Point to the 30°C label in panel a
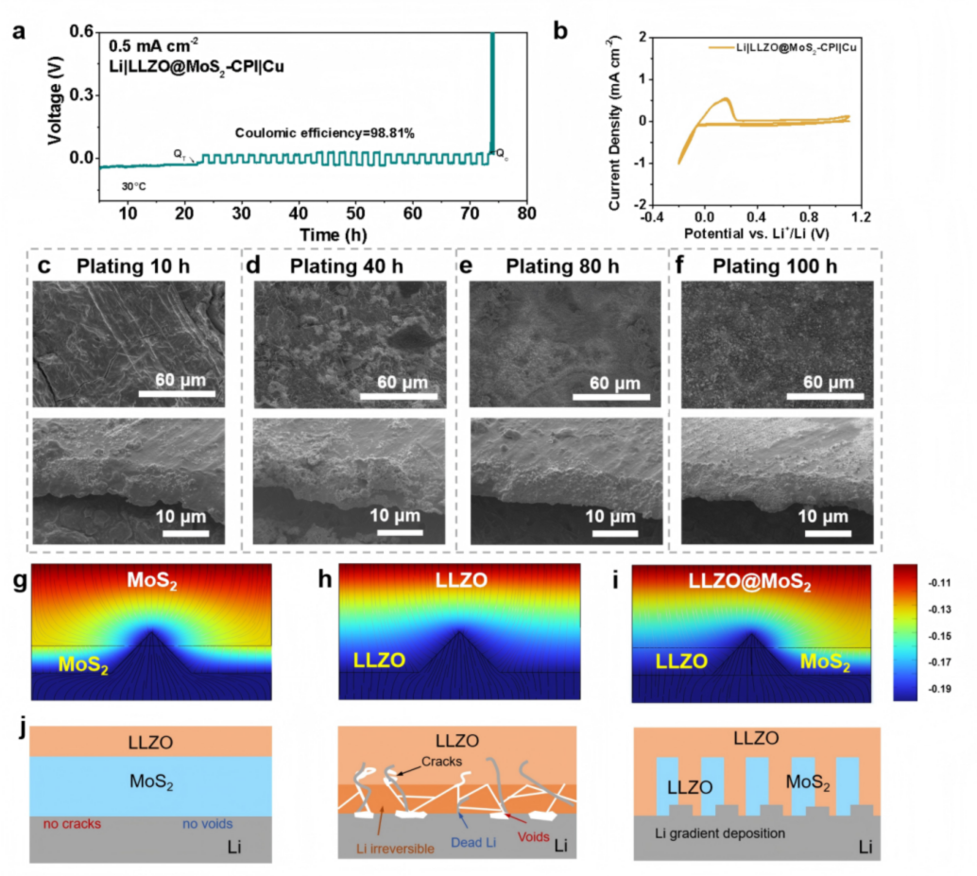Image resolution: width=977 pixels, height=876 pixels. (133, 186)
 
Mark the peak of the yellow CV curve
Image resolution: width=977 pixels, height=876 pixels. (726, 98)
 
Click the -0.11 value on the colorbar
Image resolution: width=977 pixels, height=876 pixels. (939, 581)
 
